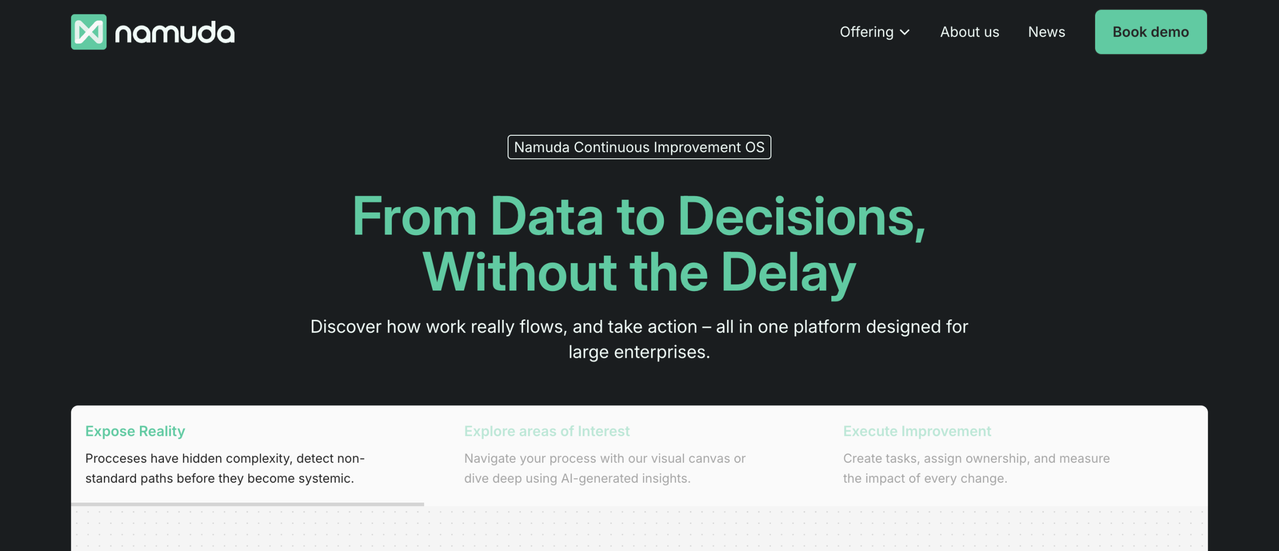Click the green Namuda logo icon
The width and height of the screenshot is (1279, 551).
(88, 32)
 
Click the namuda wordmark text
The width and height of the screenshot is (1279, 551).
(175, 32)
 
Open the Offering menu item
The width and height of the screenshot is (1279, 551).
(866, 32)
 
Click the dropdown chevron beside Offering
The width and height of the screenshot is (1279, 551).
(904, 32)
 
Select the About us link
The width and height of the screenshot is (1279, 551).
(969, 32)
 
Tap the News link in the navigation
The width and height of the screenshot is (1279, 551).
(1046, 32)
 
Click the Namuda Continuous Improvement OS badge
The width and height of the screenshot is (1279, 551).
(639, 147)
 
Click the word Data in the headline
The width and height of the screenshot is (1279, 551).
(547, 216)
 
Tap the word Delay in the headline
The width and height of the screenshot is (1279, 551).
(788, 273)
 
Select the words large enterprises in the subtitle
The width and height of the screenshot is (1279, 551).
(639, 352)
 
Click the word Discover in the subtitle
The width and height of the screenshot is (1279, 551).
(346, 327)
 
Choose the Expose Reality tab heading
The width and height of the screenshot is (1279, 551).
(135, 431)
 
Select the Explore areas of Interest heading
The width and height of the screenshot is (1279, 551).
(547, 431)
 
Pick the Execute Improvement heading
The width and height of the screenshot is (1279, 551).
(917, 431)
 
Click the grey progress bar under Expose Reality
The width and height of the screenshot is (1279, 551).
(247, 505)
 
